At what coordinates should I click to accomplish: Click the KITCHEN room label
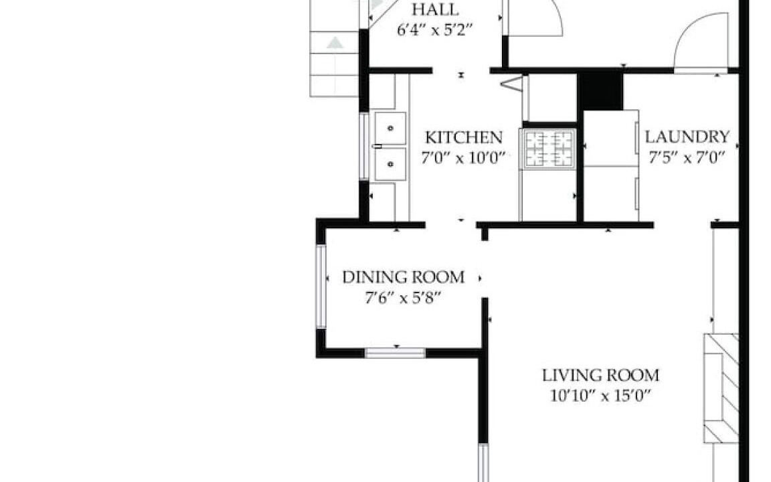tap(464, 137)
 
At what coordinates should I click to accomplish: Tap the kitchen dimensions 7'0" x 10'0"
tap(463, 159)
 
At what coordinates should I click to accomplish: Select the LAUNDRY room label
tap(687, 137)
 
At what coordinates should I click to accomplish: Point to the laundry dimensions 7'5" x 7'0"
tap(687, 157)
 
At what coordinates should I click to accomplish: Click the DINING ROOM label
tap(403, 277)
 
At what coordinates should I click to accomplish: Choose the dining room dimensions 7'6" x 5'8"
tap(402, 298)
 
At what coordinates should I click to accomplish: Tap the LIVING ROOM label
tap(600, 376)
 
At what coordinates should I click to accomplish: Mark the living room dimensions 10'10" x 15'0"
tap(600, 396)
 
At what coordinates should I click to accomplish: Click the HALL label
tap(435, 9)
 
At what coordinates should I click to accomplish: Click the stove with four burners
tap(549, 149)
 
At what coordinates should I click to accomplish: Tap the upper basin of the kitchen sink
tap(390, 129)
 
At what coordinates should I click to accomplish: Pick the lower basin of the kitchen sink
tap(390, 164)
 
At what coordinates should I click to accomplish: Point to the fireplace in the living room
tap(721, 388)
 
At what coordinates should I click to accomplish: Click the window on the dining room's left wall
tap(321, 287)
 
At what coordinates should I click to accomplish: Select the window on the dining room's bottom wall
tap(395, 353)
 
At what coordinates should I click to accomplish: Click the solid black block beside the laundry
tap(600, 92)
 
